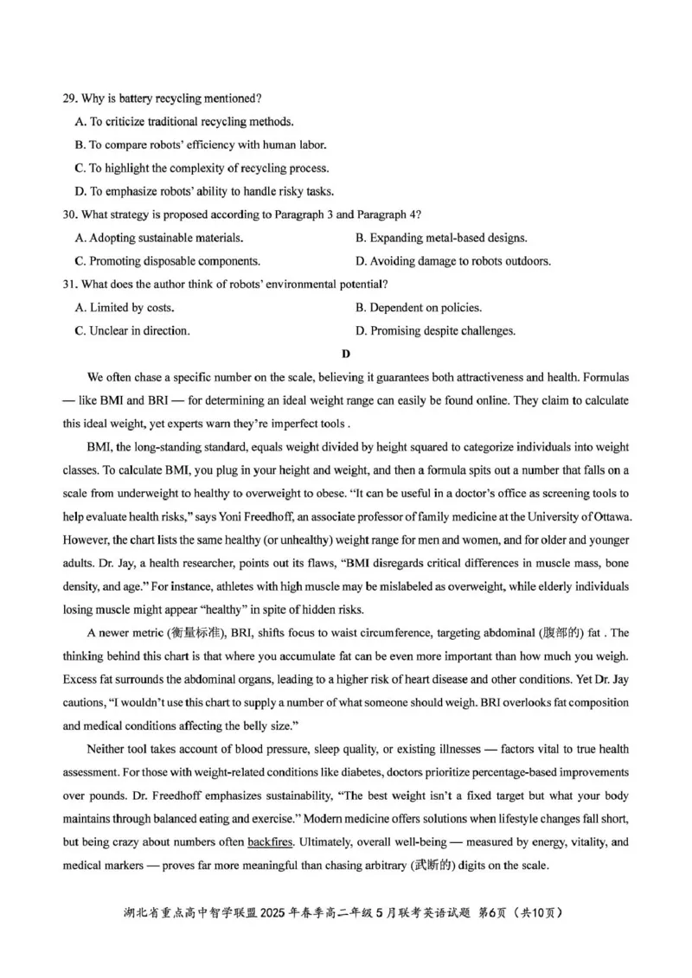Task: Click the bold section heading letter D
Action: click(346, 354)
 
